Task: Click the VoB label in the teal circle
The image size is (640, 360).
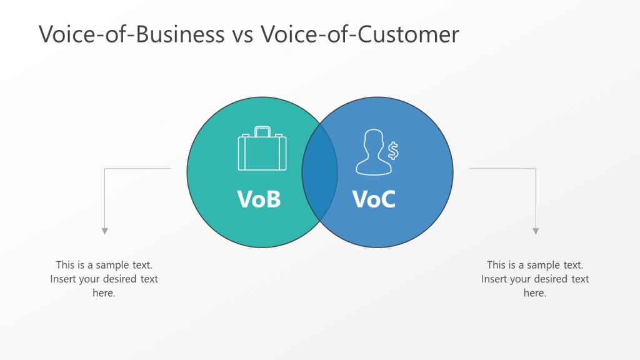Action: [x=259, y=199]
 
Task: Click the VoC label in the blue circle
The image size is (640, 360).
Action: [x=374, y=199]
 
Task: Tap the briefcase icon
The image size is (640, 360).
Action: [x=262, y=151]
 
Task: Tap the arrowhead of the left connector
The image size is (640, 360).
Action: [x=105, y=231]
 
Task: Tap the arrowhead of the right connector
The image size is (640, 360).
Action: [x=536, y=231]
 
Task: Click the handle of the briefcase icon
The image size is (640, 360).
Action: [x=262, y=131]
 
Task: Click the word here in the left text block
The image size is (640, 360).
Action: [x=104, y=293]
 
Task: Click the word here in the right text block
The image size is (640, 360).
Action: [x=535, y=293]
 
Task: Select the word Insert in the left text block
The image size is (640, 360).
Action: [x=64, y=279]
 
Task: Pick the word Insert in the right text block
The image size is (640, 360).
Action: [x=494, y=279]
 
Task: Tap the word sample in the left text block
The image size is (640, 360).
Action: [x=111, y=265]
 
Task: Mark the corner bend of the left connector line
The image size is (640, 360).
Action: [x=105, y=168]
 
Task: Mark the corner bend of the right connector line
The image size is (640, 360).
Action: [x=536, y=168]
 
